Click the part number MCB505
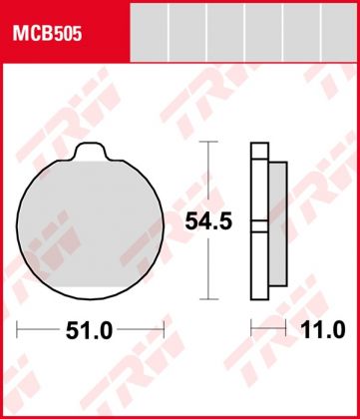tap(47, 34)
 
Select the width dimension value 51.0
tap(91, 328)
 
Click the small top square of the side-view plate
tap(259, 152)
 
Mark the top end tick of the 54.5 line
tap(205, 143)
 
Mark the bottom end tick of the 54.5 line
tap(205, 298)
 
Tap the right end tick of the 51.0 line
tap(164, 328)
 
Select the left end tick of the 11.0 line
tap(251, 328)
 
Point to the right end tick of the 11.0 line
tap(287, 328)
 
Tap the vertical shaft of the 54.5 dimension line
tap(205, 180)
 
